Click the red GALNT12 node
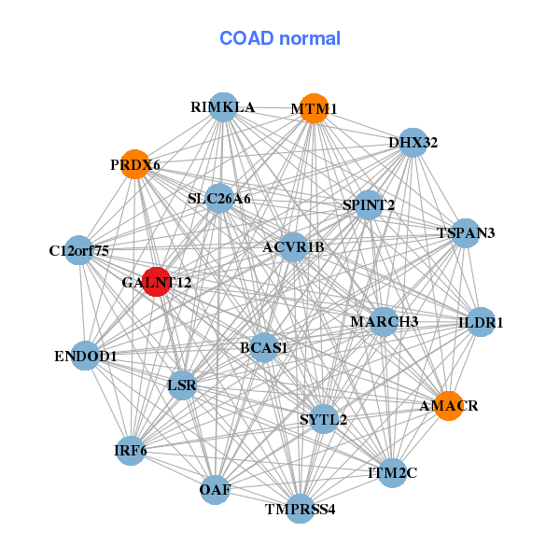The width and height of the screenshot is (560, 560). click(x=157, y=282)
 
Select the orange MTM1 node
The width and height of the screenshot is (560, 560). click(x=315, y=108)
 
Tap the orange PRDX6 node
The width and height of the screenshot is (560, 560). click(x=136, y=164)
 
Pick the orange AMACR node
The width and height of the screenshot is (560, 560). click(x=449, y=406)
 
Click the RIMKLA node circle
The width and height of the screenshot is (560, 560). click(x=222, y=107)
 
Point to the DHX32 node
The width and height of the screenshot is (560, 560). click(x=413, y=143)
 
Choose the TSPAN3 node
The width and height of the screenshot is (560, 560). click(x=465, y=232)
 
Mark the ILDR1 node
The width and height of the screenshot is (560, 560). click(x=481, y=322)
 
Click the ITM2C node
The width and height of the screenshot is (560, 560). click(x=393, y=473)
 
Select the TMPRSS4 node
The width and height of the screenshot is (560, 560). click(x=300, y=509)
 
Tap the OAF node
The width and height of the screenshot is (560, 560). click(x=216, y=489)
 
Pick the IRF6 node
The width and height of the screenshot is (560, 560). click(x=131, y=452)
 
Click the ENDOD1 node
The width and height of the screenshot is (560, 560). click(x=85, y=356)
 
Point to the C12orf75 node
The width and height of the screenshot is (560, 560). click(x=80, y=250)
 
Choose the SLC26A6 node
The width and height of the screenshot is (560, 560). click(x=219, y=198)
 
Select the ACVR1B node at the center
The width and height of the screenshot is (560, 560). click(x=293, y=247)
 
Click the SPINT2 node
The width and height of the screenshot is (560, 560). click(x=369, y=205)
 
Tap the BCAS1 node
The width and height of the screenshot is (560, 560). click(x=264, y=347)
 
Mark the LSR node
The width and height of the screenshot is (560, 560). click(x=182, y=385)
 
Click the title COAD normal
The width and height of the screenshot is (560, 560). click(x=280, y=39)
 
